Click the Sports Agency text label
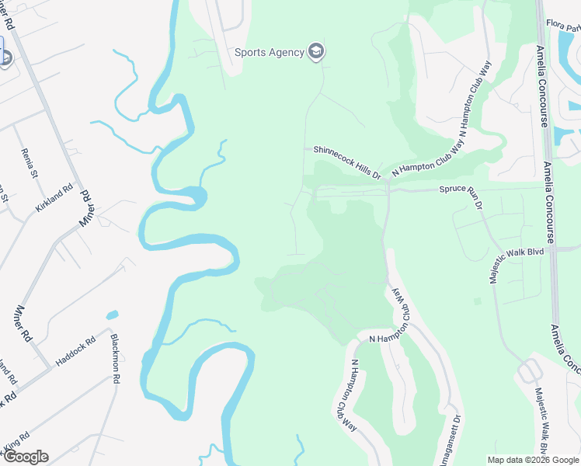click(x=269, y=53)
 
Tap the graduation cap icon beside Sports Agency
click(x=315, y=52)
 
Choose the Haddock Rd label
click(x=75, y=351)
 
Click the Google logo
click(x=26, y=457)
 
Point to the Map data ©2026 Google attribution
click(x=532, y=460)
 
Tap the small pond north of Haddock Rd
click(x=113, y=315)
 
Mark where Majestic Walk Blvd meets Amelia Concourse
click(x=553, y=249)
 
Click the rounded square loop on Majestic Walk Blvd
click(x=530, y=371)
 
